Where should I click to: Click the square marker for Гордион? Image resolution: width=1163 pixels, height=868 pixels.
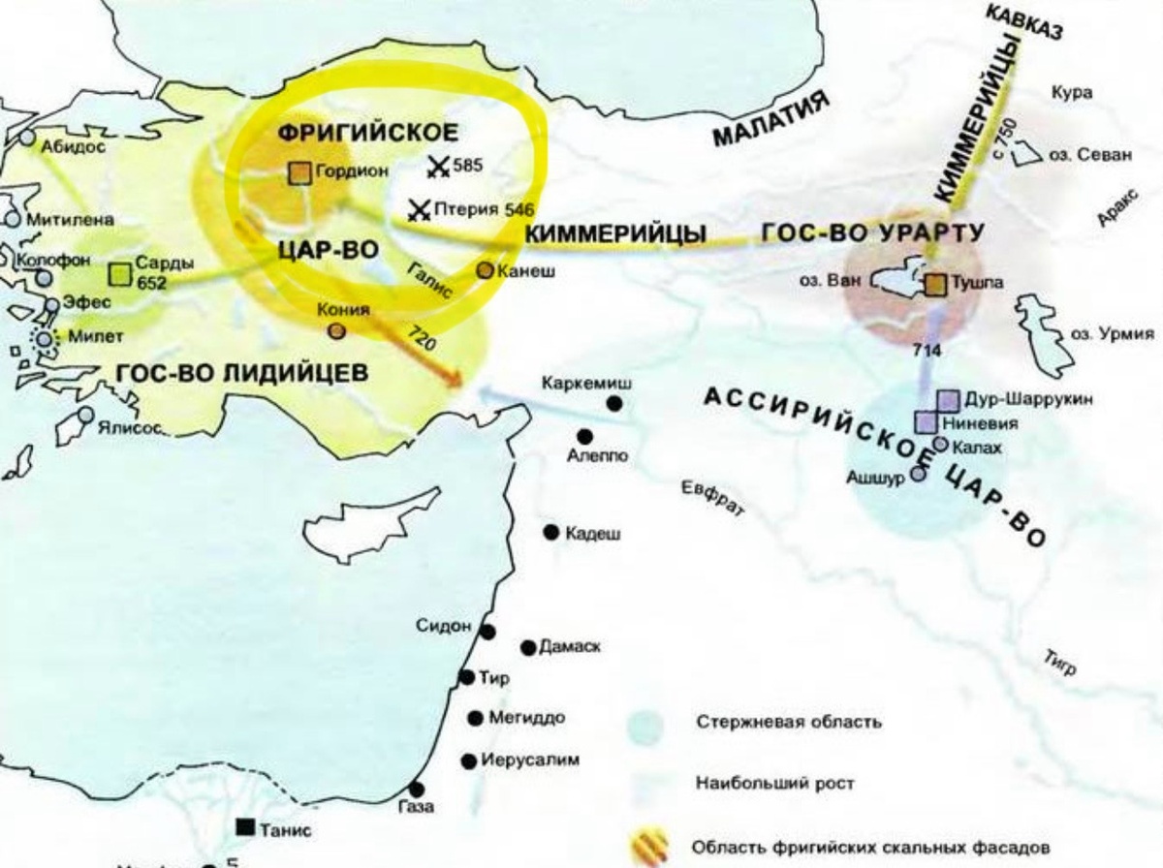point(299,172)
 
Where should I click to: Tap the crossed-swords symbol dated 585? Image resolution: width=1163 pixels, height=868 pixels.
point(438,167)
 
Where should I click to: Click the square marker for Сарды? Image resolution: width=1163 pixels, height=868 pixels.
point(120,274)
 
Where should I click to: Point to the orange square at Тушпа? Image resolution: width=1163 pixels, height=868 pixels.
point(935,284)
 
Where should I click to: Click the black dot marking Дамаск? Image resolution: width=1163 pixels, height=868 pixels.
point(528,647)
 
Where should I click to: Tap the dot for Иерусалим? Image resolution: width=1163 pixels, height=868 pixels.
point(470,760)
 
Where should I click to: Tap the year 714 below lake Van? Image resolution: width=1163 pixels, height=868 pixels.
point(927,351)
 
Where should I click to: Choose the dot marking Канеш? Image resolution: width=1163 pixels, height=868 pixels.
point(485,270)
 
